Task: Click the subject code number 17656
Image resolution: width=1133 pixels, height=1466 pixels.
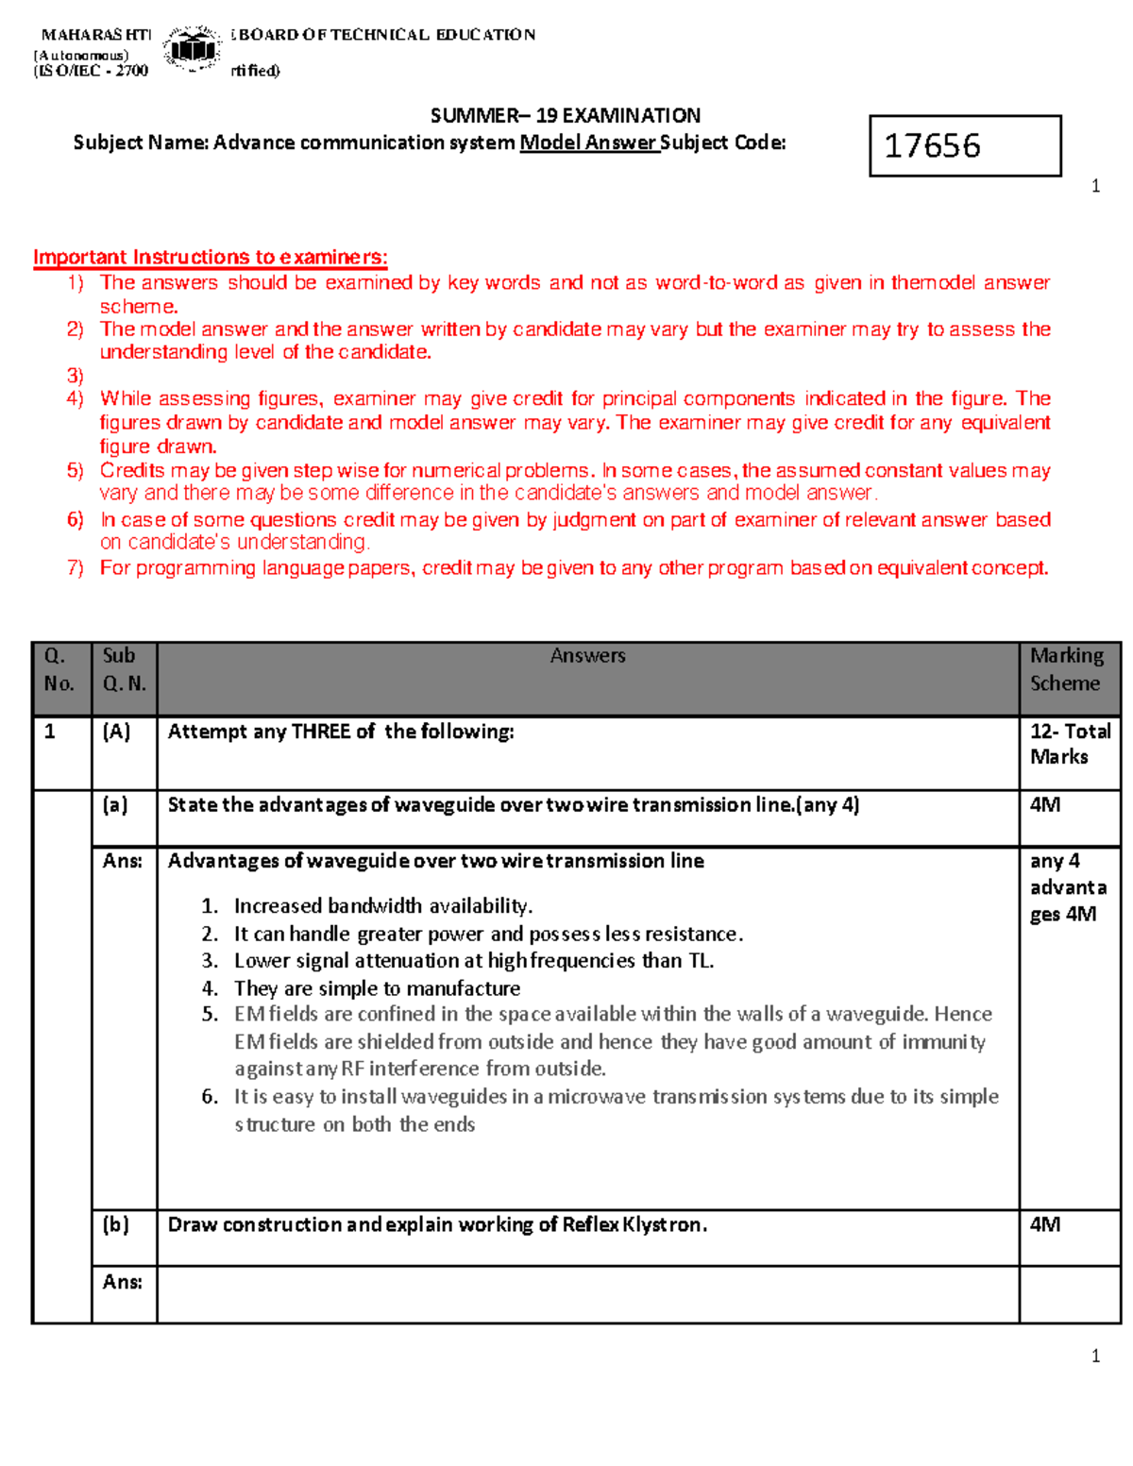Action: (x=932, y=145)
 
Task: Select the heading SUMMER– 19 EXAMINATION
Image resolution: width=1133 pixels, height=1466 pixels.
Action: (x=565, y=116)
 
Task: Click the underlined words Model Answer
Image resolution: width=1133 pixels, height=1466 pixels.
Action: (x=588, y=143)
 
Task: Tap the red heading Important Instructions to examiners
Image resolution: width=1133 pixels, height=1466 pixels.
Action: (x=210, y=257)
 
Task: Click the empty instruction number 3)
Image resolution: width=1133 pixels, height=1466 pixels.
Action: (x=76, y=375)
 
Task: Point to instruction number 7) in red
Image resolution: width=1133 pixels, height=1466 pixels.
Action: (x=76, y=567)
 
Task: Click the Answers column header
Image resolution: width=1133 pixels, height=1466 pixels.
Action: (x=587, y=656)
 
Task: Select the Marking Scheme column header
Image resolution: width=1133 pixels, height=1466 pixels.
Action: (x=1066, y=669)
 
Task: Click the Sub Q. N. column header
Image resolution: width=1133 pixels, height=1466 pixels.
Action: (x=124, y=669)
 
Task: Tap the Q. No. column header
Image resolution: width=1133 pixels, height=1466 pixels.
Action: (x=59, y=669)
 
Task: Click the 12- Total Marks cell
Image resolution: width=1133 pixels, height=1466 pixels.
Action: (x=1069, y=744)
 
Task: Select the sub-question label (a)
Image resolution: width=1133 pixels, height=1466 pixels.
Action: (x=115, y=805)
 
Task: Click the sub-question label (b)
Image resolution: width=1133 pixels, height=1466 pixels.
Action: (x=115, y=1224)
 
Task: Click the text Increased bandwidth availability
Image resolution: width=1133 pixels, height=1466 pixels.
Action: (x=382, y=906)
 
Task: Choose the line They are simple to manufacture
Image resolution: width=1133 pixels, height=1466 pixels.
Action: (x=377, y=988)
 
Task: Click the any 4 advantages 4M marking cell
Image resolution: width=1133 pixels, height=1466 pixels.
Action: (x=1067, y=887)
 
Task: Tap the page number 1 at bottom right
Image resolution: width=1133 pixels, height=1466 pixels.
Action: (x=1095, y=1356)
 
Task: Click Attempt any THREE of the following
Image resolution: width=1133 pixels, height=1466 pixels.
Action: (x=341, y=732)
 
